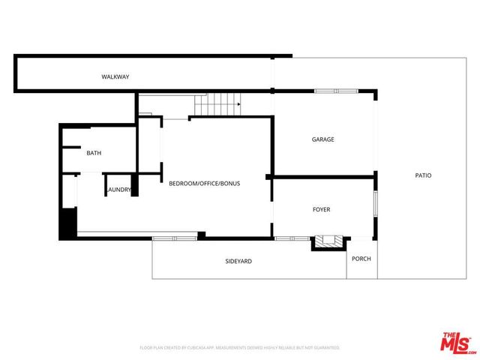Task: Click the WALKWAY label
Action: (116, 77)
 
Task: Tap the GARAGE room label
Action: (323, 139)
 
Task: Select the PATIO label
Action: (423, 175)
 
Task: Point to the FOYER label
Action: (322, 210)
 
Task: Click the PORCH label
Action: (361, 259)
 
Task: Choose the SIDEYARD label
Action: (238, 261)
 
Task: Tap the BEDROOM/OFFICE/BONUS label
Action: (204, 183)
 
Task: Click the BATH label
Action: (94, 153)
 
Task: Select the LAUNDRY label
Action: (119, 190)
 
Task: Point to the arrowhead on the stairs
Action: (238, 104)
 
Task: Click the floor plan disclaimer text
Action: (240, 348)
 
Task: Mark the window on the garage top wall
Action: (337, 91)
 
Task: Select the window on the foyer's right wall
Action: (375, 205)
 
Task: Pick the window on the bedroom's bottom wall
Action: (175, 238)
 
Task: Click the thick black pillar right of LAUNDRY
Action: (135, 184)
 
